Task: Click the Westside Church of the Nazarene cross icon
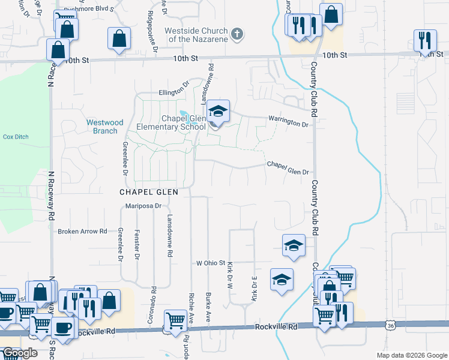click(x=237, y=34)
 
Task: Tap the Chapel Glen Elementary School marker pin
click(x=218, y=112)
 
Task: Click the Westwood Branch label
click(x=105, y=127)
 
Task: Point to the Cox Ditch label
click(x=16, y=137)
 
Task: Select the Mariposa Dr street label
click(x=143, y=206)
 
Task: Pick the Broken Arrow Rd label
click(x=82, y=231)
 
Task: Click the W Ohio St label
click(x=210, y=263)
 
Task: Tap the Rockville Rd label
click(x=276, y=327)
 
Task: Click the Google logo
click(x=19, y=353)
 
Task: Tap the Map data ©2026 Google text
click(x=411, y=355)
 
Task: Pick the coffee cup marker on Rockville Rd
click(x=63, y=328)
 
